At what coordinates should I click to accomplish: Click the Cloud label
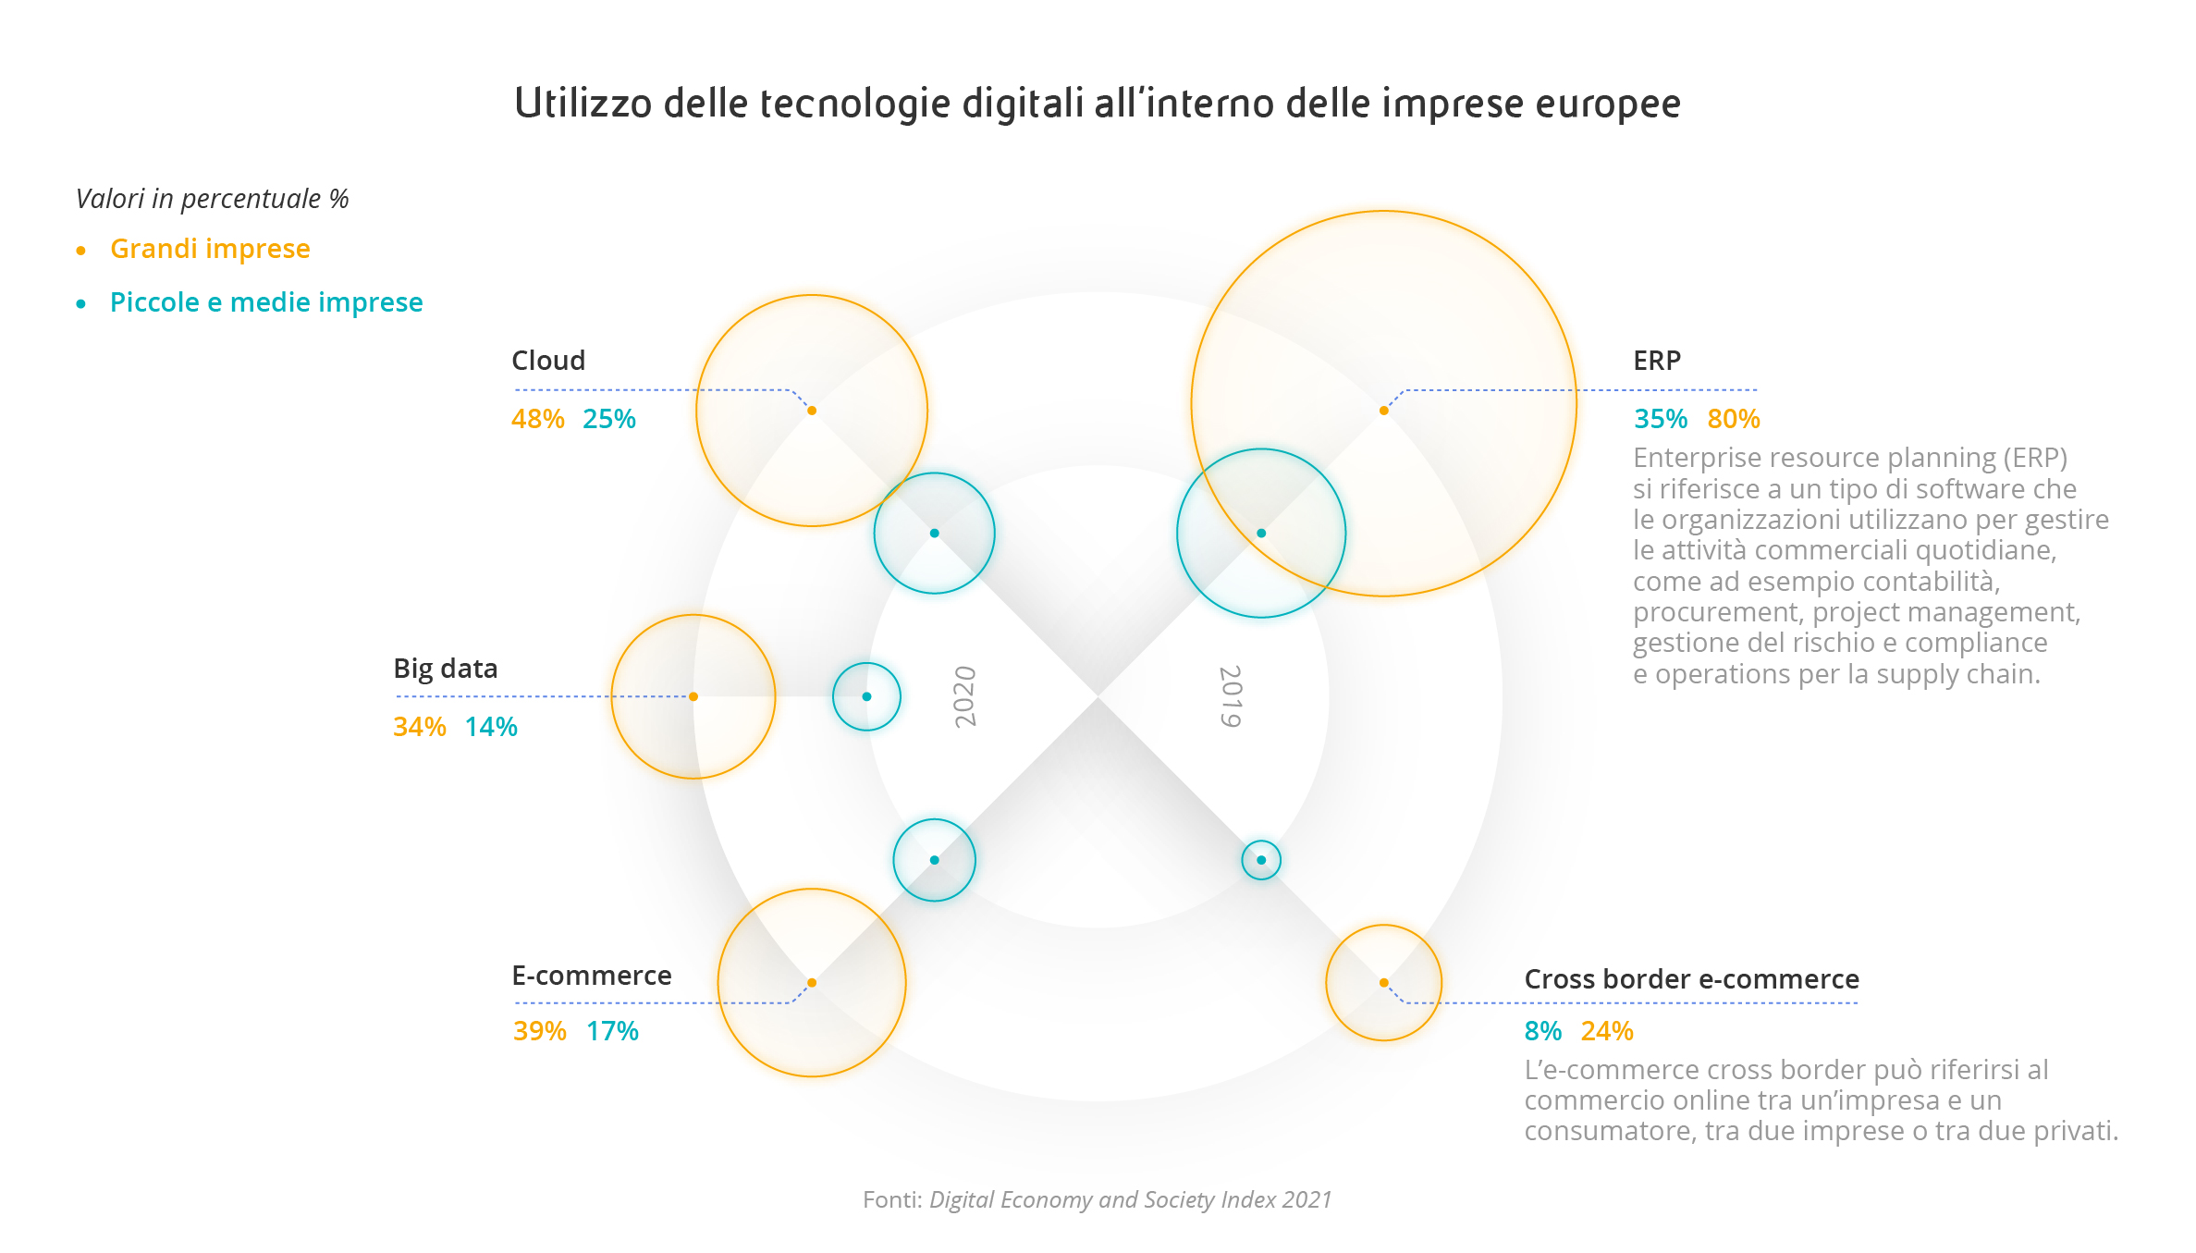(548, 361)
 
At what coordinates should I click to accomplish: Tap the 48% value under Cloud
(537, 419)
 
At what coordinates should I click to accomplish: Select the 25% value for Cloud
(609, 419)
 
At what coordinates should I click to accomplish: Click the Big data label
(446, 669)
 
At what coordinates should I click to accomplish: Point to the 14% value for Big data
(491, 727)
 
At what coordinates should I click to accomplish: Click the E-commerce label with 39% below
(592, 976)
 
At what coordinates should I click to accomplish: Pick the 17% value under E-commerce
(612, 1031)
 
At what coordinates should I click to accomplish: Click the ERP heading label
(1657, 361)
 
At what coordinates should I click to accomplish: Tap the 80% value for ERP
(1734, 419)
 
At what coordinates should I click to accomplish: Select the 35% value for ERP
(1661, 419)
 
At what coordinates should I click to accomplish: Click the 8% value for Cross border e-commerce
(1543, 1031)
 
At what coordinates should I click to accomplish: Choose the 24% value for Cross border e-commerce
(1607, 1031)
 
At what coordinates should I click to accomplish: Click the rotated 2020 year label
(965, 696)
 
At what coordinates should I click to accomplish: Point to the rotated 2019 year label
(1231, 696)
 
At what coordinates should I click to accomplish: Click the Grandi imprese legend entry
(210, 249)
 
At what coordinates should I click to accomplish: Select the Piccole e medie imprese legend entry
(266, 302)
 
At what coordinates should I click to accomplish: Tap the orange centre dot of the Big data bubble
(693, 696)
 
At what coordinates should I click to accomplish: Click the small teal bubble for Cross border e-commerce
(1261, 860)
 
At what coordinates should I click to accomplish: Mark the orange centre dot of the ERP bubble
(1383, 411)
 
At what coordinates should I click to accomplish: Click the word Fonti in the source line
(892, 1199)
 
